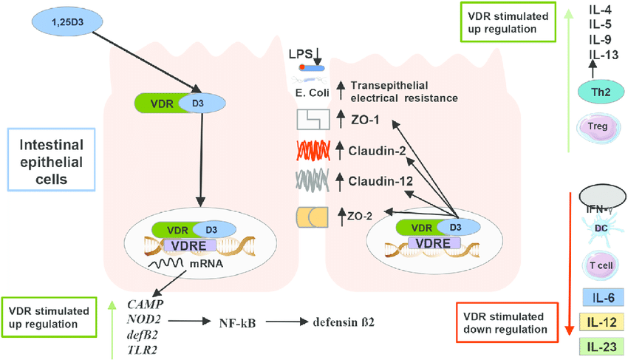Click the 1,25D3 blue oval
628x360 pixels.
(67, 21)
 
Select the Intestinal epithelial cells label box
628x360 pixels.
(51, 160)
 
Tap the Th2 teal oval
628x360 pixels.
(601, 92)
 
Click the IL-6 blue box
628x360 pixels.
(603, 297)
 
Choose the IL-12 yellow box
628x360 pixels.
(601, 322)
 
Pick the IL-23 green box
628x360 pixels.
(601, 347)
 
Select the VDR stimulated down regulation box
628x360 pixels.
(508, 323)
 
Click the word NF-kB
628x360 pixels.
(237, 323)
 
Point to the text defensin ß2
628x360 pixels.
(344, 322)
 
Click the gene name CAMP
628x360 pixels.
(146, 305)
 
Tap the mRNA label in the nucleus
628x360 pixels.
(206, 263)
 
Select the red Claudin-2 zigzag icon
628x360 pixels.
(313, 151)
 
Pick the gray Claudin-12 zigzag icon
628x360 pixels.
(313, 180)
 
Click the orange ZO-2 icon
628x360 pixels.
(312, 217)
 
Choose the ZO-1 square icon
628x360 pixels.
(313, 120)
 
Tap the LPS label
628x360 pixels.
(301, 54)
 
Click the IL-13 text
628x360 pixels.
(604, 55)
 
